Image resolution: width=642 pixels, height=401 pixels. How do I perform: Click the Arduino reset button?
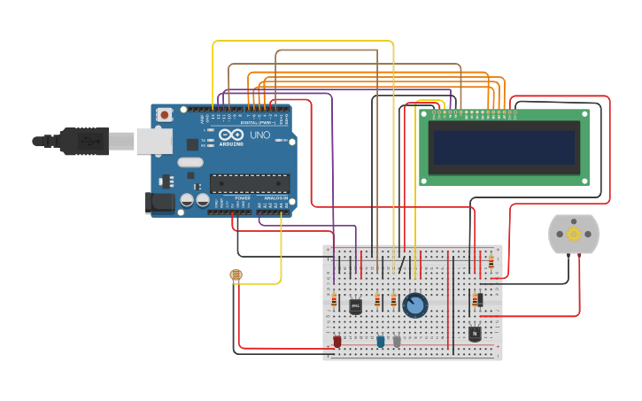click(x=165, y=114)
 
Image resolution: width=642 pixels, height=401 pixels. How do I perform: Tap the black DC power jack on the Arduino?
click(x=159, y=203)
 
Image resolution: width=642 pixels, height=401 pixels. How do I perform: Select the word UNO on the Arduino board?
click(x=260, y=135)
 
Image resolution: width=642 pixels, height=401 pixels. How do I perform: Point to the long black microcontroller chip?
click(x=249, y=184)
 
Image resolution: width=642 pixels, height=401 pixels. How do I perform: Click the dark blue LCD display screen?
click(x=503, y=148)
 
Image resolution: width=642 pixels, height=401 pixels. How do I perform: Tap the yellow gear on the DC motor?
click(x=574, y=234)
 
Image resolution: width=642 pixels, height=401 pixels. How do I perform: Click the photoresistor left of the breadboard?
click(x=236, y=275)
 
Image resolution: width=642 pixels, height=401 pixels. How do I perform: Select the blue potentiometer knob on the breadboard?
click(x=414, y=305)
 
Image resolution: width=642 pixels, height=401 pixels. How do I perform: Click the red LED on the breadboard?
click(x=337, y=341)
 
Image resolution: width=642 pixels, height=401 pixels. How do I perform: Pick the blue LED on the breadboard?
click(x=381, y=341)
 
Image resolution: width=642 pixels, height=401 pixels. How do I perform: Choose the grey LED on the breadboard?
click(x=397, y=341)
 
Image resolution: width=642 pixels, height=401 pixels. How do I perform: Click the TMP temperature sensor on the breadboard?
click(x=355, y=306)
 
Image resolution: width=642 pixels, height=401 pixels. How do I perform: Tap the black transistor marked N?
click(x=475, y=334)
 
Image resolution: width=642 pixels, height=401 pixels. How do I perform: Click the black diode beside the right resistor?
click(x=480, y=300)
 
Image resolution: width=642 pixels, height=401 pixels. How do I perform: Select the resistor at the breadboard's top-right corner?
click(x=491, y=262)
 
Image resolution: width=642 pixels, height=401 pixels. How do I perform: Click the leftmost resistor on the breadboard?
click(x=334, y=300)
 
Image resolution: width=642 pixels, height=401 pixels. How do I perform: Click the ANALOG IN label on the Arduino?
click(x=275, y=197)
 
